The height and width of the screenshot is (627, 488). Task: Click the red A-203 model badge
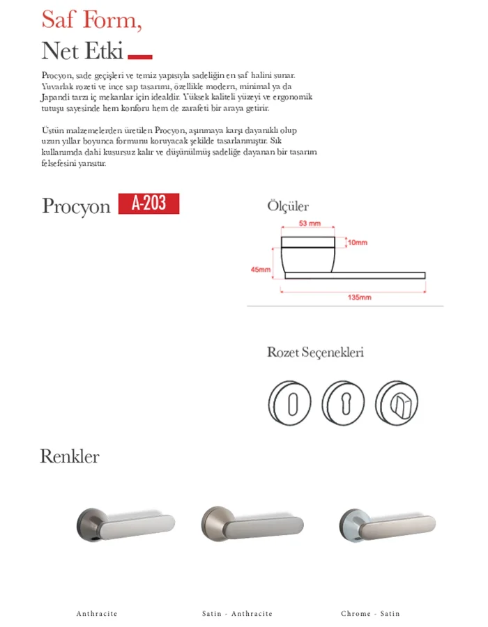(x=148, y=203)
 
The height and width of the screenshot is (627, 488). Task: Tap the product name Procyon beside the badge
(x=76, y=206)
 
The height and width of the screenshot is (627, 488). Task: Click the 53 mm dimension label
(x=309, y=224)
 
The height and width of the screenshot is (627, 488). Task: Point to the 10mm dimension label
(x=357, y=242)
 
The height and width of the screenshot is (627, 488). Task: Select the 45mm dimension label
(x=261, y=270)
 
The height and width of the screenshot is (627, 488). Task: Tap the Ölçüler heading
(x=288, y=206)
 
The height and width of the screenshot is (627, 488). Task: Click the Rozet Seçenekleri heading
(x=315, y=353)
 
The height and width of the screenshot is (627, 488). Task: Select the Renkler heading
(x=70, y=457)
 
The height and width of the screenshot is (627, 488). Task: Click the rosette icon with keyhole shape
(x=343, y=402)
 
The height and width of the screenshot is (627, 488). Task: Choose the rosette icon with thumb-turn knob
(x=396, y=402)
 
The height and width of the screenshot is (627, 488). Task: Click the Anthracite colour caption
(x=97, y=614)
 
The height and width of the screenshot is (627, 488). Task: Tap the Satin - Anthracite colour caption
(x=237, y=614)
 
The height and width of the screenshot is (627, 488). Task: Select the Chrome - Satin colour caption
(x=371, y=614)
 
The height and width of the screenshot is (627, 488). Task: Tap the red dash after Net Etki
(x=140, y=56)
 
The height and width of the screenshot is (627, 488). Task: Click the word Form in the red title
(x=109, y=20)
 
